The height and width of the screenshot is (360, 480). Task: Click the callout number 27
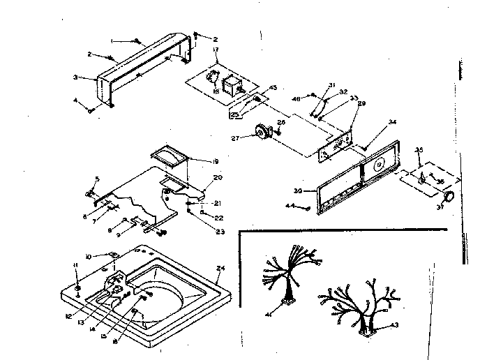(x=235, y=138)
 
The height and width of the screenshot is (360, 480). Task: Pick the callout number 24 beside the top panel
(x=221, y=267)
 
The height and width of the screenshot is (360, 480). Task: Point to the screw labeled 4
(x=90, y=109)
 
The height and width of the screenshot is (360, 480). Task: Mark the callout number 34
(x=393, y=122)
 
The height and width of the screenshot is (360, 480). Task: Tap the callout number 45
(x=273, y=87)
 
